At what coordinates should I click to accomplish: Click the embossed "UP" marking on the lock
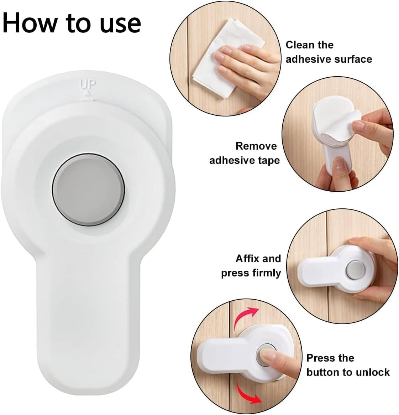click(x=88, y=84)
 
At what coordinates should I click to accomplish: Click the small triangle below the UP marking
click(x=87, y=93)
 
